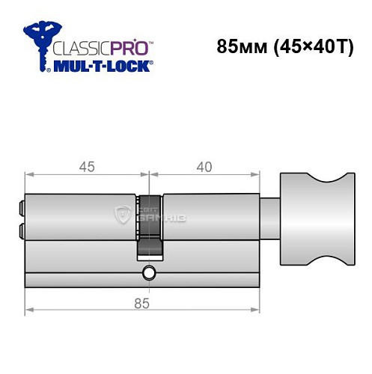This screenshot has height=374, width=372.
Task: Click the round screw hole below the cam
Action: [x=150, y=272]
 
